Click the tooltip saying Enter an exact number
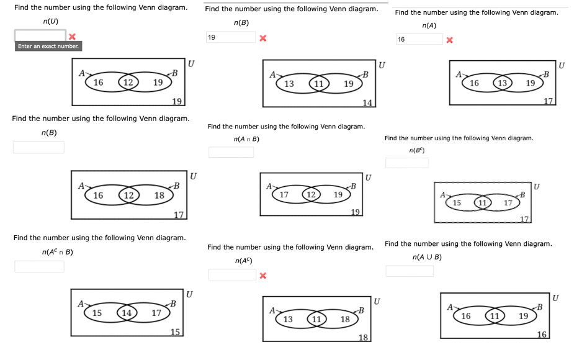click(48, 47)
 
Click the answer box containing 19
click(230, 37)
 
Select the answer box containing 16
click(419, 39)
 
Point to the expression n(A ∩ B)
click(246, 139)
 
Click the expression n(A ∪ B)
click(427, 257)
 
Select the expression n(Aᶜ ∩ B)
click(58, 252)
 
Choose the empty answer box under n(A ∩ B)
click(231, 152)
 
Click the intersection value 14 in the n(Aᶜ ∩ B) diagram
click(127, 313)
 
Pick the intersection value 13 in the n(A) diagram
click(503, 83)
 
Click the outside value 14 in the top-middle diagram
click(367, 102)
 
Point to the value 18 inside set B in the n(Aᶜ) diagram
click(345, 319)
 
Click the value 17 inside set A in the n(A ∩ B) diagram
click(284, 195)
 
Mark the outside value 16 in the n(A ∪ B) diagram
click(542, 335)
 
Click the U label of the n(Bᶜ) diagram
click(537, 186)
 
